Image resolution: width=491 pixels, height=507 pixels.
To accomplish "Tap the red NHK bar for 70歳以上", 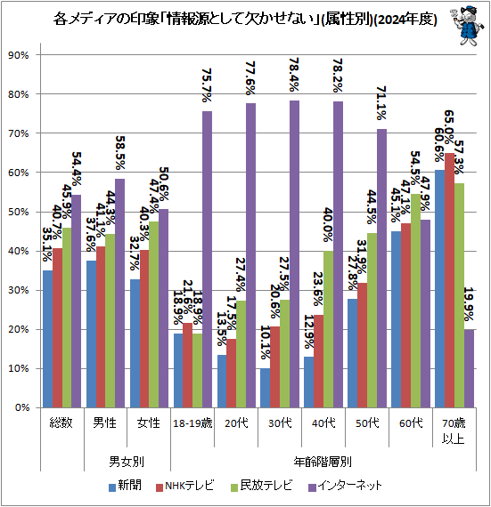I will click(x=450, y=280).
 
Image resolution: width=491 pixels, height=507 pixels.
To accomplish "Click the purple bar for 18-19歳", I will click(x=207, y=259).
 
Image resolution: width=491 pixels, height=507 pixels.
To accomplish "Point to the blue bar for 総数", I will click(x=48, y=339).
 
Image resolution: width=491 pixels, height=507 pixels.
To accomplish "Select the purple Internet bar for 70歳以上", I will click(x=470, y=368).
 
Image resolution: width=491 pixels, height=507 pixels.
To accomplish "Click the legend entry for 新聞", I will click(x=124, y=486).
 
